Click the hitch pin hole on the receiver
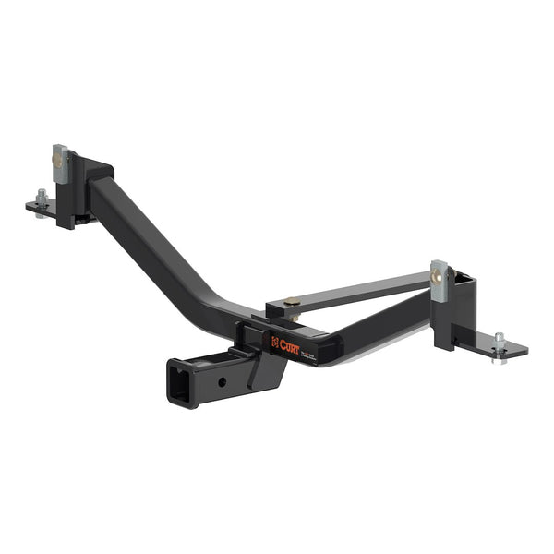click(x=222, y=380)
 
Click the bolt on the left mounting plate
click(x=42, y=197)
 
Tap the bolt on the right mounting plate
click(x=499, y=339)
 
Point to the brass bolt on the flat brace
click(x=292, y=301)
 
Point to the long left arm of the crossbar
click(x=157, y=249)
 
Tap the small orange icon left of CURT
click(x=274, y=342)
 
